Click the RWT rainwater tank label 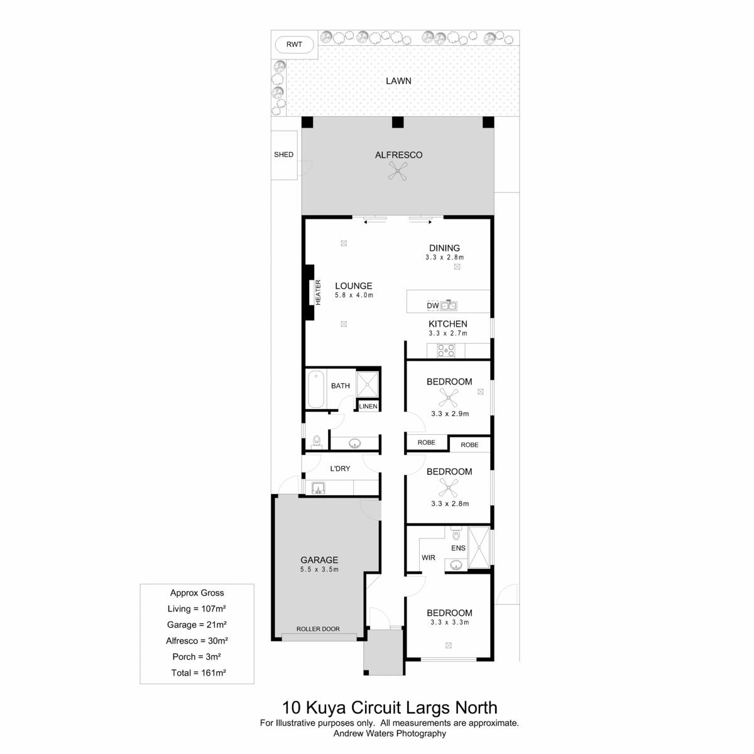pos(294,45)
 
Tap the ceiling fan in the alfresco pos(398,171)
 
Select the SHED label pos(283,155)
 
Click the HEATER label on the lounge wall pos(318,292)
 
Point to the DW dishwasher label pos(432,305)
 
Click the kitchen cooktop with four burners pos(445,350)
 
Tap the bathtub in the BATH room pos(316,390)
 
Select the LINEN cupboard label pos(368,406)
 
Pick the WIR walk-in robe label pos(428,557)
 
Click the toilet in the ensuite pos(456,533)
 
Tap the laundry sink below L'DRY pos(318,488)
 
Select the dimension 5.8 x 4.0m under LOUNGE pos(354,295)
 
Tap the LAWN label pos(398,81)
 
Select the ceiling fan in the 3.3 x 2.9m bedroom pos(449,398)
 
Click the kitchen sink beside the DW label pos(449,305)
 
